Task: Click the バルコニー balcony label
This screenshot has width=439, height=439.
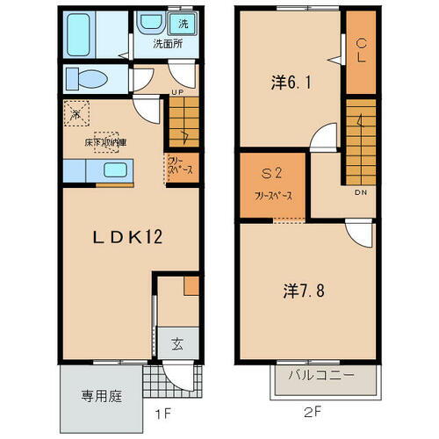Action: tap(323, 374)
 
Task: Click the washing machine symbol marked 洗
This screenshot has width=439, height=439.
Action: tap(183, 22)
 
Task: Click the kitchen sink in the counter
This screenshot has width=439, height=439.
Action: tap(115, 169)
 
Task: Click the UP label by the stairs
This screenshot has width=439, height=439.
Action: tap(177, 91)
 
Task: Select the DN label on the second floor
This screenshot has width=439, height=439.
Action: tap(360, 192)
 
